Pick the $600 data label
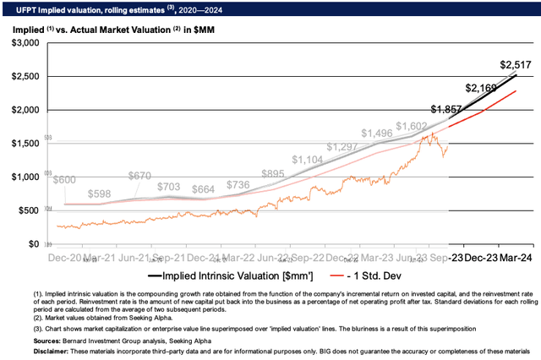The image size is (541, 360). click(65, 180)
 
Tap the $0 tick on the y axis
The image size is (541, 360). click(34, 244)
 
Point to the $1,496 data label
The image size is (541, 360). click(378, 134)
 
